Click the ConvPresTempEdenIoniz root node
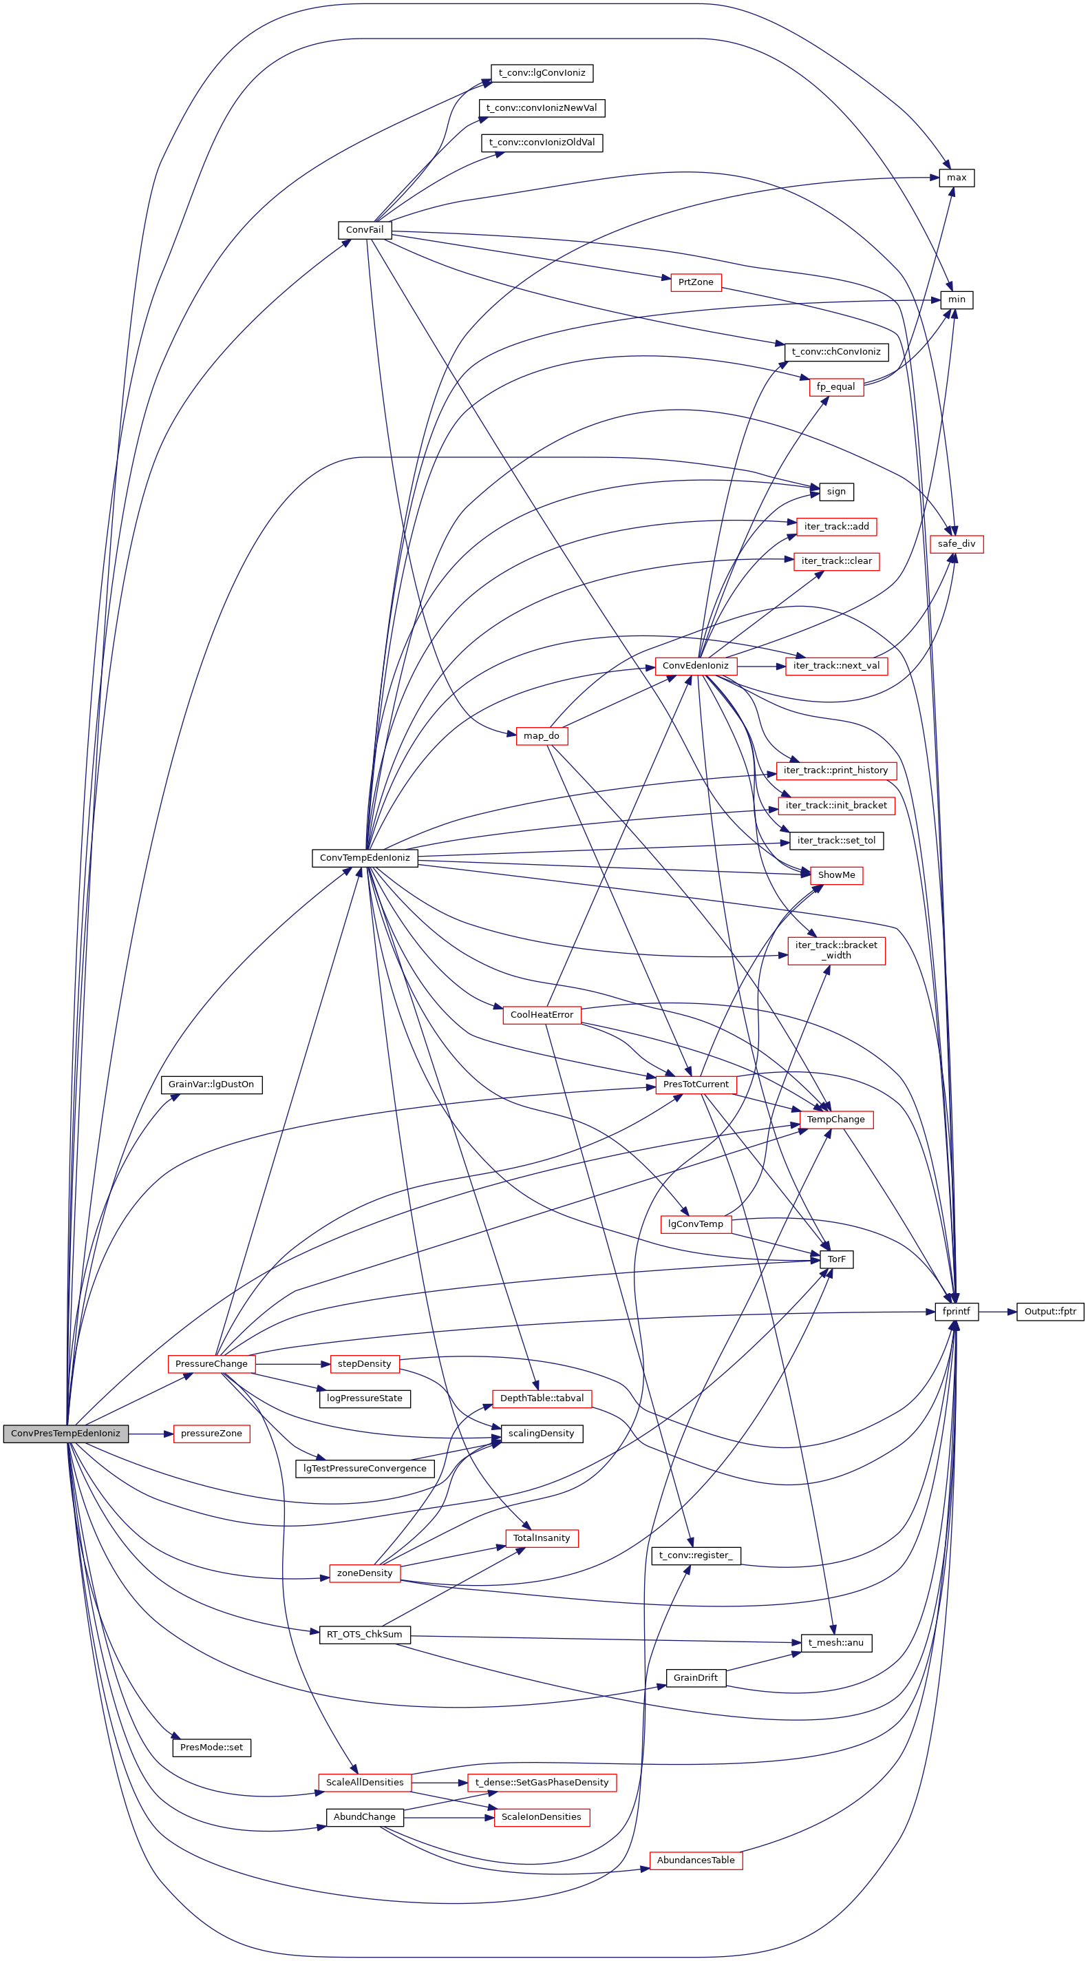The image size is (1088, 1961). pos(65,1434)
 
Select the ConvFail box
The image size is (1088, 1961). pos(365,230)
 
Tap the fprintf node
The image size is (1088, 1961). pos(956,1312)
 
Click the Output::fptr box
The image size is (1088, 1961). pos(1049,1312)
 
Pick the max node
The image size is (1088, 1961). pos(956,178)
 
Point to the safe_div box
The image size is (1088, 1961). pos(956,544)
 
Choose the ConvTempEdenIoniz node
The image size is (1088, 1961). pos(365,858)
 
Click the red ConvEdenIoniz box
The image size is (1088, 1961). pos(694,666)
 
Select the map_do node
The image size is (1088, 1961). pos(541,736)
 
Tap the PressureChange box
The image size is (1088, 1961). pos(211,1364)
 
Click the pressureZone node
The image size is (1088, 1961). pos(211,1434)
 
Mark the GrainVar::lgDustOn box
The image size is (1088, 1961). pos(211,1084)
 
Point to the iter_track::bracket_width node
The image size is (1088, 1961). pos(835,951)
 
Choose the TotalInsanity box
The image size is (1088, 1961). pos(541,1538)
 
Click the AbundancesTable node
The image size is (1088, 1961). pos(694,1860)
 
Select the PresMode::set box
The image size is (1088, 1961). pos(211,1748)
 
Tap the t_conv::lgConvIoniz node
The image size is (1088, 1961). pos(541,74)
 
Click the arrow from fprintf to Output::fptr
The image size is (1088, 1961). pos(996,1312)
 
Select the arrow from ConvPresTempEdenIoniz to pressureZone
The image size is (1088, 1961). pos(151,1434)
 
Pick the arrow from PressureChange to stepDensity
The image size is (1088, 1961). pos(292,1364)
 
